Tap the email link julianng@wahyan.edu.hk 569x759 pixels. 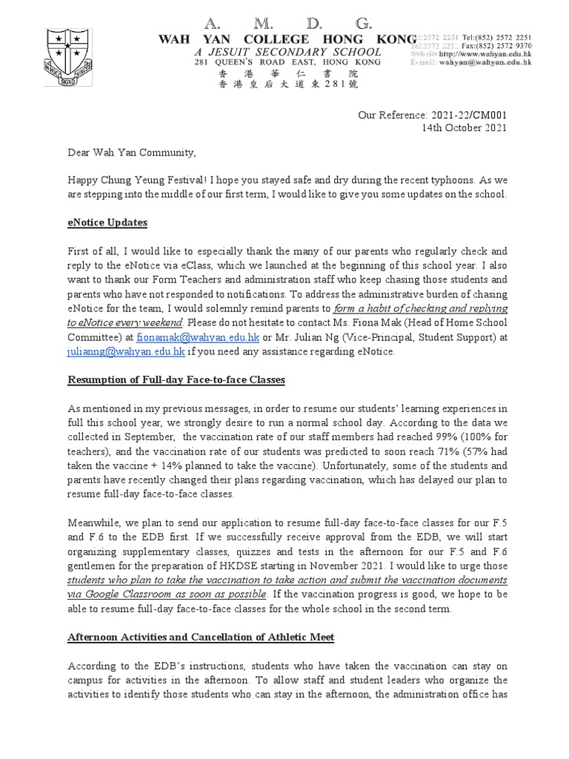[x=125, y=352]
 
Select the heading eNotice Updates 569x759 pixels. [x=107, y=222]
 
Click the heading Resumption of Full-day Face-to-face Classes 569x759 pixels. [x=176, y=380]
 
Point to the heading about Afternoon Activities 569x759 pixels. [x=202, y=637]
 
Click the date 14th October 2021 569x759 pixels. [x=465, y=127]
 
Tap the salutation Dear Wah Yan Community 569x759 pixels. [x=132, y=153]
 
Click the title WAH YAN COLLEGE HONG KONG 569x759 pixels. [x=288, y=39]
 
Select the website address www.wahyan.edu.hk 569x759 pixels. [x=485, y=54]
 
